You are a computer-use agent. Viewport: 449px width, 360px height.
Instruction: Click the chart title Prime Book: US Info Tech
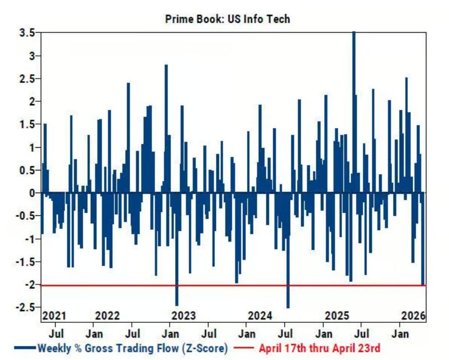click(x=228, y=19)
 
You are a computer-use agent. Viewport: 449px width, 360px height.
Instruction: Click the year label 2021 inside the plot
click(x=54, y=316)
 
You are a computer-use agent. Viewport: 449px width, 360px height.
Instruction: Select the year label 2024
click(x=260, y=316)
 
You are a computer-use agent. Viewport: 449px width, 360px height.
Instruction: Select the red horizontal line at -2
click(x=227, y=285)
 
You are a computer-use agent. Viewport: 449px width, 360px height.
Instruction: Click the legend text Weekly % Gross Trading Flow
click(x=133, y=348)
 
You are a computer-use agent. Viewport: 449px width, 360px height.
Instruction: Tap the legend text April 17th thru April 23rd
click(x=319, y=348)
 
